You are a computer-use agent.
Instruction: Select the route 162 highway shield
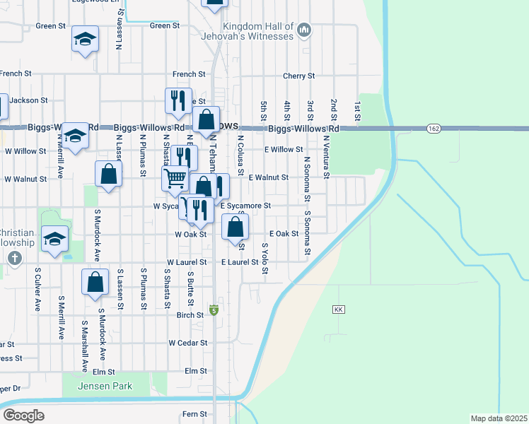434,128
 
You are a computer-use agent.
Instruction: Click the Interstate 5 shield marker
214,310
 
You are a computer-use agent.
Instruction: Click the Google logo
23,415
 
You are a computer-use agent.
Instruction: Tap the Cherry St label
298,76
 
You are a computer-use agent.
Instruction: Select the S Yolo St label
264,259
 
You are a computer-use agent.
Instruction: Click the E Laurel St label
239,261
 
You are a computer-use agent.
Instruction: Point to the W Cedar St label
187,343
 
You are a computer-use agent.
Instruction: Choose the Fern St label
194,414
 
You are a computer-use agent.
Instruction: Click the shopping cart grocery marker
175,177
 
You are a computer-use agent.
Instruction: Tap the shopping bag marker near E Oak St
236,227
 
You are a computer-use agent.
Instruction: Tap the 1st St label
358,109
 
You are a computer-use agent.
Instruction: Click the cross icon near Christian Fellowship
14,258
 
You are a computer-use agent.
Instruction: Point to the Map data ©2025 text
499,418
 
